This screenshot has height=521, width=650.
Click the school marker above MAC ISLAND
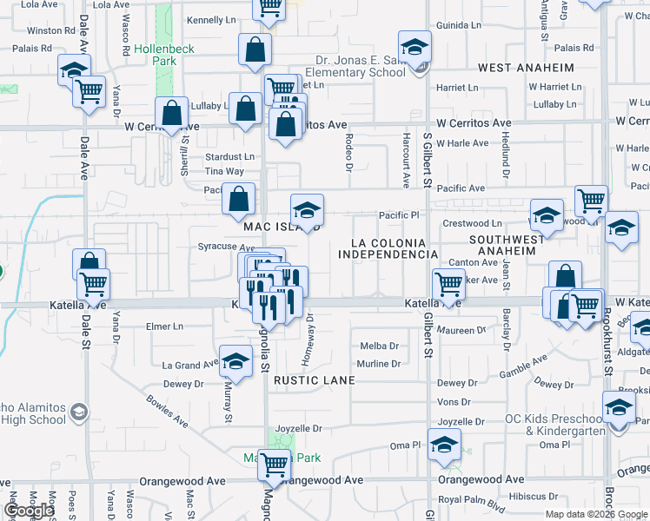click(307, 211)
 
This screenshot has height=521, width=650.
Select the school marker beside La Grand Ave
click(235, 364)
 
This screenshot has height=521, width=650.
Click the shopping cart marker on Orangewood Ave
click(274, 466)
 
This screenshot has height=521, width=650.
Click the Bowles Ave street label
click(168, 412)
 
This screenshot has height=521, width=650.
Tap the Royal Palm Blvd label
click(472, 499)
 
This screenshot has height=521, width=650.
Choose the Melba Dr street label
click(379, 346)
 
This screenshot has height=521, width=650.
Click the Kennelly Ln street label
click(211, 19)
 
